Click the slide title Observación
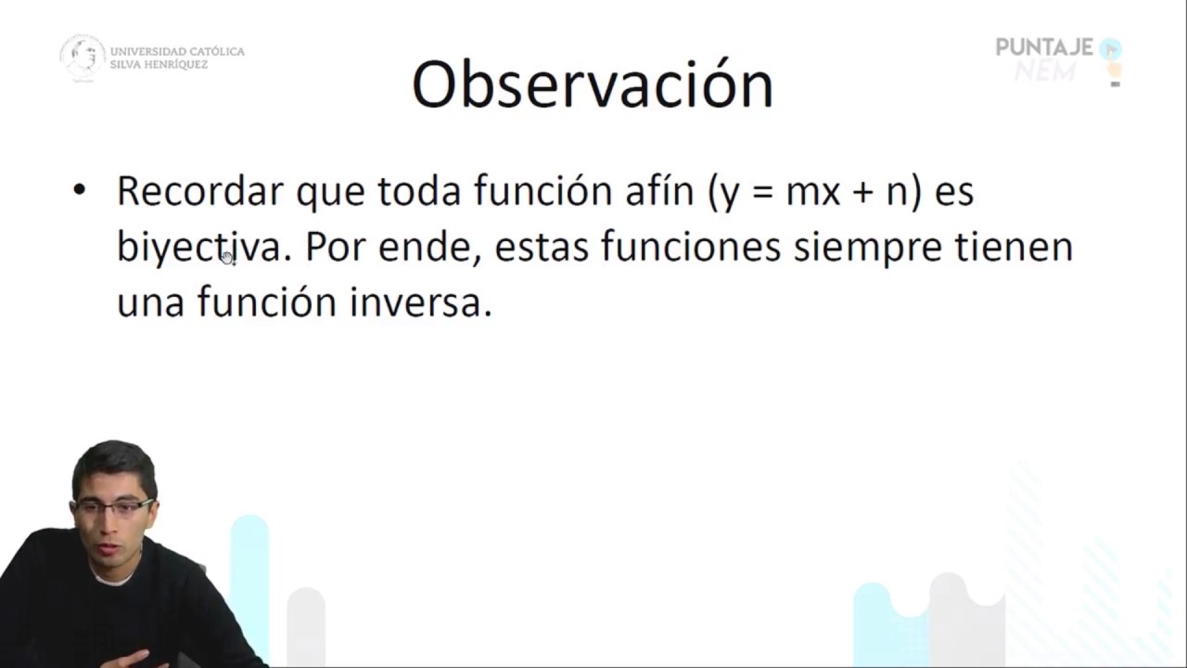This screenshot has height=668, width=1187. [592, 85]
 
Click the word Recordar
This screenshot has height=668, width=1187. [199, 191]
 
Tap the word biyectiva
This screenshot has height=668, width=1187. [198, 248]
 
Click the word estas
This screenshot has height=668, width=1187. [542, 248]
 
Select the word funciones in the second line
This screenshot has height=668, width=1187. [691, 247]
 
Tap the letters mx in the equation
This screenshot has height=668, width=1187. [812, 192]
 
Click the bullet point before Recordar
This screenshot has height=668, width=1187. [79, 190]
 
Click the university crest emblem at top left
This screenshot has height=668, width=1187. [83, 57]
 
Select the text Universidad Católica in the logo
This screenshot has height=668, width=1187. [177, 51]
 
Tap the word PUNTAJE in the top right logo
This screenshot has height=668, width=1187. [1044, 47]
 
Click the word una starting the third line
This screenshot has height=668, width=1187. [150, 303]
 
